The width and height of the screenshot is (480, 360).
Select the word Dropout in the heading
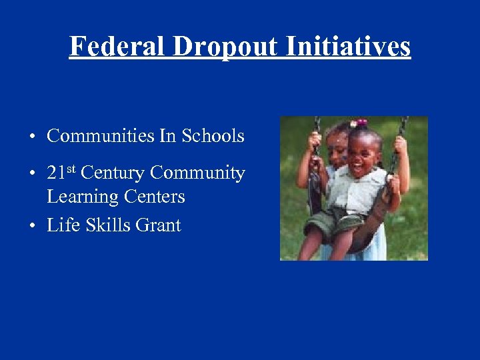(x=225, y=46)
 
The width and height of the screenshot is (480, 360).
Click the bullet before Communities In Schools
(x=31, y=137)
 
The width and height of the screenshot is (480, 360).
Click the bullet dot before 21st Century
(x=31, y=175)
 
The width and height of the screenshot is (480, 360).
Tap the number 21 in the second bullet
(x=56, y=173)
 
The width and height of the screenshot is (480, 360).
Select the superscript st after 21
(x=71, y=169)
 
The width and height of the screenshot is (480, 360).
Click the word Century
(x=113, y=173)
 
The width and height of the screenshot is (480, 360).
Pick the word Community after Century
(x=197, y=173)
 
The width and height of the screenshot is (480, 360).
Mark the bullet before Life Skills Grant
(x=31, y=227)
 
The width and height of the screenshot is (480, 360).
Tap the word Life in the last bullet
(x=59, y=225)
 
